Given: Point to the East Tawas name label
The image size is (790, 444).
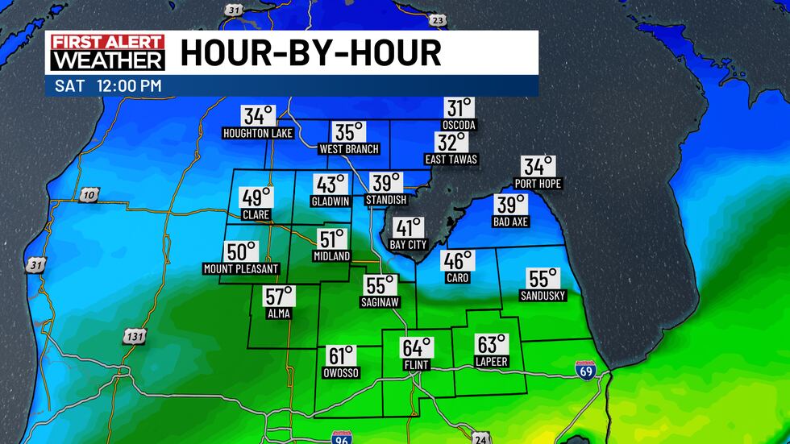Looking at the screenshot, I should click(x=451, y=160).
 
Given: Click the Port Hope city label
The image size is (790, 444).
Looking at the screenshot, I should click(x=538, y=184).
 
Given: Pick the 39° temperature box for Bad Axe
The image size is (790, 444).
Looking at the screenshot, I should click(x=511, y=205).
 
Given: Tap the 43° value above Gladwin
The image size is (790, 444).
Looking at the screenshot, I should click(x=330, y=185).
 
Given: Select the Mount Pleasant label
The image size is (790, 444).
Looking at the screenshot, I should click(x=241, y=268).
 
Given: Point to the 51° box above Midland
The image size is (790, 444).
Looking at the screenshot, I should click(x=331, y=239).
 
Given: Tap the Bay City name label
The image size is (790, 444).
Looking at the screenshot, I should click(x=408, y=244).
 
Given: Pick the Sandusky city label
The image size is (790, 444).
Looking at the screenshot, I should click(x=543, y=296).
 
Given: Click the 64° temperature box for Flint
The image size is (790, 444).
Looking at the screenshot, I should click(x=417, y=348).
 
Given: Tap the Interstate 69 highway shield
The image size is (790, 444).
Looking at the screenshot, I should click(x=586, y=371).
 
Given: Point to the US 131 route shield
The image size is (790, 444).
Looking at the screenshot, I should click(x=134, y=335).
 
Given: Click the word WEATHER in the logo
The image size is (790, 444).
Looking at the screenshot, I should click(x=107, y=60).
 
